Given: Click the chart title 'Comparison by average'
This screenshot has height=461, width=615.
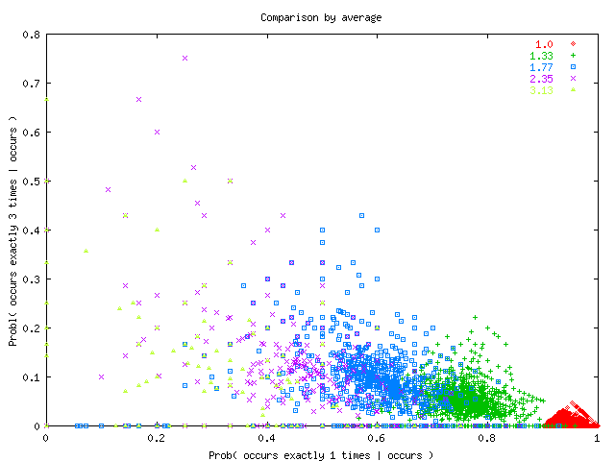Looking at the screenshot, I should pyautogui.click(x=307, y=17).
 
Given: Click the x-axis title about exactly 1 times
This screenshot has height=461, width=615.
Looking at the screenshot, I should pyautogui.click(x=321, y=454).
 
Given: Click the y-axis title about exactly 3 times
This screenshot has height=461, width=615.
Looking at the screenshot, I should pyautogui.click(x=13, y=230).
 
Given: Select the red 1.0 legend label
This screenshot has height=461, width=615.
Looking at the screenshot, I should pyautogui.click(x=545, y=44).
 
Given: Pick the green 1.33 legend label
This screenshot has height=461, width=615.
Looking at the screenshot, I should pyautogui.click(x=543, y=56).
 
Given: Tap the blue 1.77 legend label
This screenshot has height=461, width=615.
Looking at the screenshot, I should pyautogui.click(x=543, y=67).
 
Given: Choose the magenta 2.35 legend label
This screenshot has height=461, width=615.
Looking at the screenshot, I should pyautogui.click(x=543, y=79).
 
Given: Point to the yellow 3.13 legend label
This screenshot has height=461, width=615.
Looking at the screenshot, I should pyautogui.click(x=543, y=90).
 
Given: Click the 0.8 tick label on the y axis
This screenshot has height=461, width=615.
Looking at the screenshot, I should pyautogui.click(x=31, y=35).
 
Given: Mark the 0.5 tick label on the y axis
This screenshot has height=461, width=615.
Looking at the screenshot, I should pyautogui.click(x=31, y=182).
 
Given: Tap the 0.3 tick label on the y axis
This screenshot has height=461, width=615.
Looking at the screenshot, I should pyautogui.click(x=31, y=279).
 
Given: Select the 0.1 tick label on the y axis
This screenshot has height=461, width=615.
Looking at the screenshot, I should pyautogui.click(x=31, y=377).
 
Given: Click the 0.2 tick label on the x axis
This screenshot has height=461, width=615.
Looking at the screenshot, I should pyautogui.click(x=157, y=438).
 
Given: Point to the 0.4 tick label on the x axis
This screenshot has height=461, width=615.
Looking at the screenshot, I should pyautogui.click(x=267, y=438).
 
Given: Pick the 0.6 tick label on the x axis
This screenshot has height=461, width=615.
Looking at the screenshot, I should pyautogui.click(x=378, y=438).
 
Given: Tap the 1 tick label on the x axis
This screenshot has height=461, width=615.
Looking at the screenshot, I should pyautogui.click(x=598, y=438).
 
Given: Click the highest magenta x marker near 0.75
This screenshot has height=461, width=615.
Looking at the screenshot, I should pyautogui.click(x=184, y=58).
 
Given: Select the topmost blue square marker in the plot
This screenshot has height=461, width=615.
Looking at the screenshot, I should pyautogui.click(x=362, y=216).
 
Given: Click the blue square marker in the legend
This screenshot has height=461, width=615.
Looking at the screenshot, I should pyautogui.click(x=573, y=67).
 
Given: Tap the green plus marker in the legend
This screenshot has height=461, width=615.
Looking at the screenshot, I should pyautogui.click(x=573, y=56).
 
